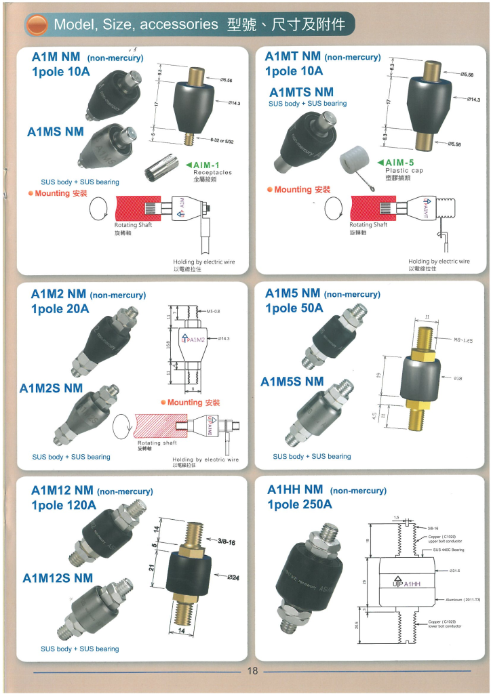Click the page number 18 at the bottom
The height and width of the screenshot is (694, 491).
point(252,671)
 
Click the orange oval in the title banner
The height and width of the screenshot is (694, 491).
point(38,25)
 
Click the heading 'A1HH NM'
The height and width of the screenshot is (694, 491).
point(295,489)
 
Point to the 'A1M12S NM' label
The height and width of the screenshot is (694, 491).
point(58,578)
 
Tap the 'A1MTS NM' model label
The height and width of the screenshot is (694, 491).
point(301,92)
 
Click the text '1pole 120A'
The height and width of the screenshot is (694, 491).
point(64,505)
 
